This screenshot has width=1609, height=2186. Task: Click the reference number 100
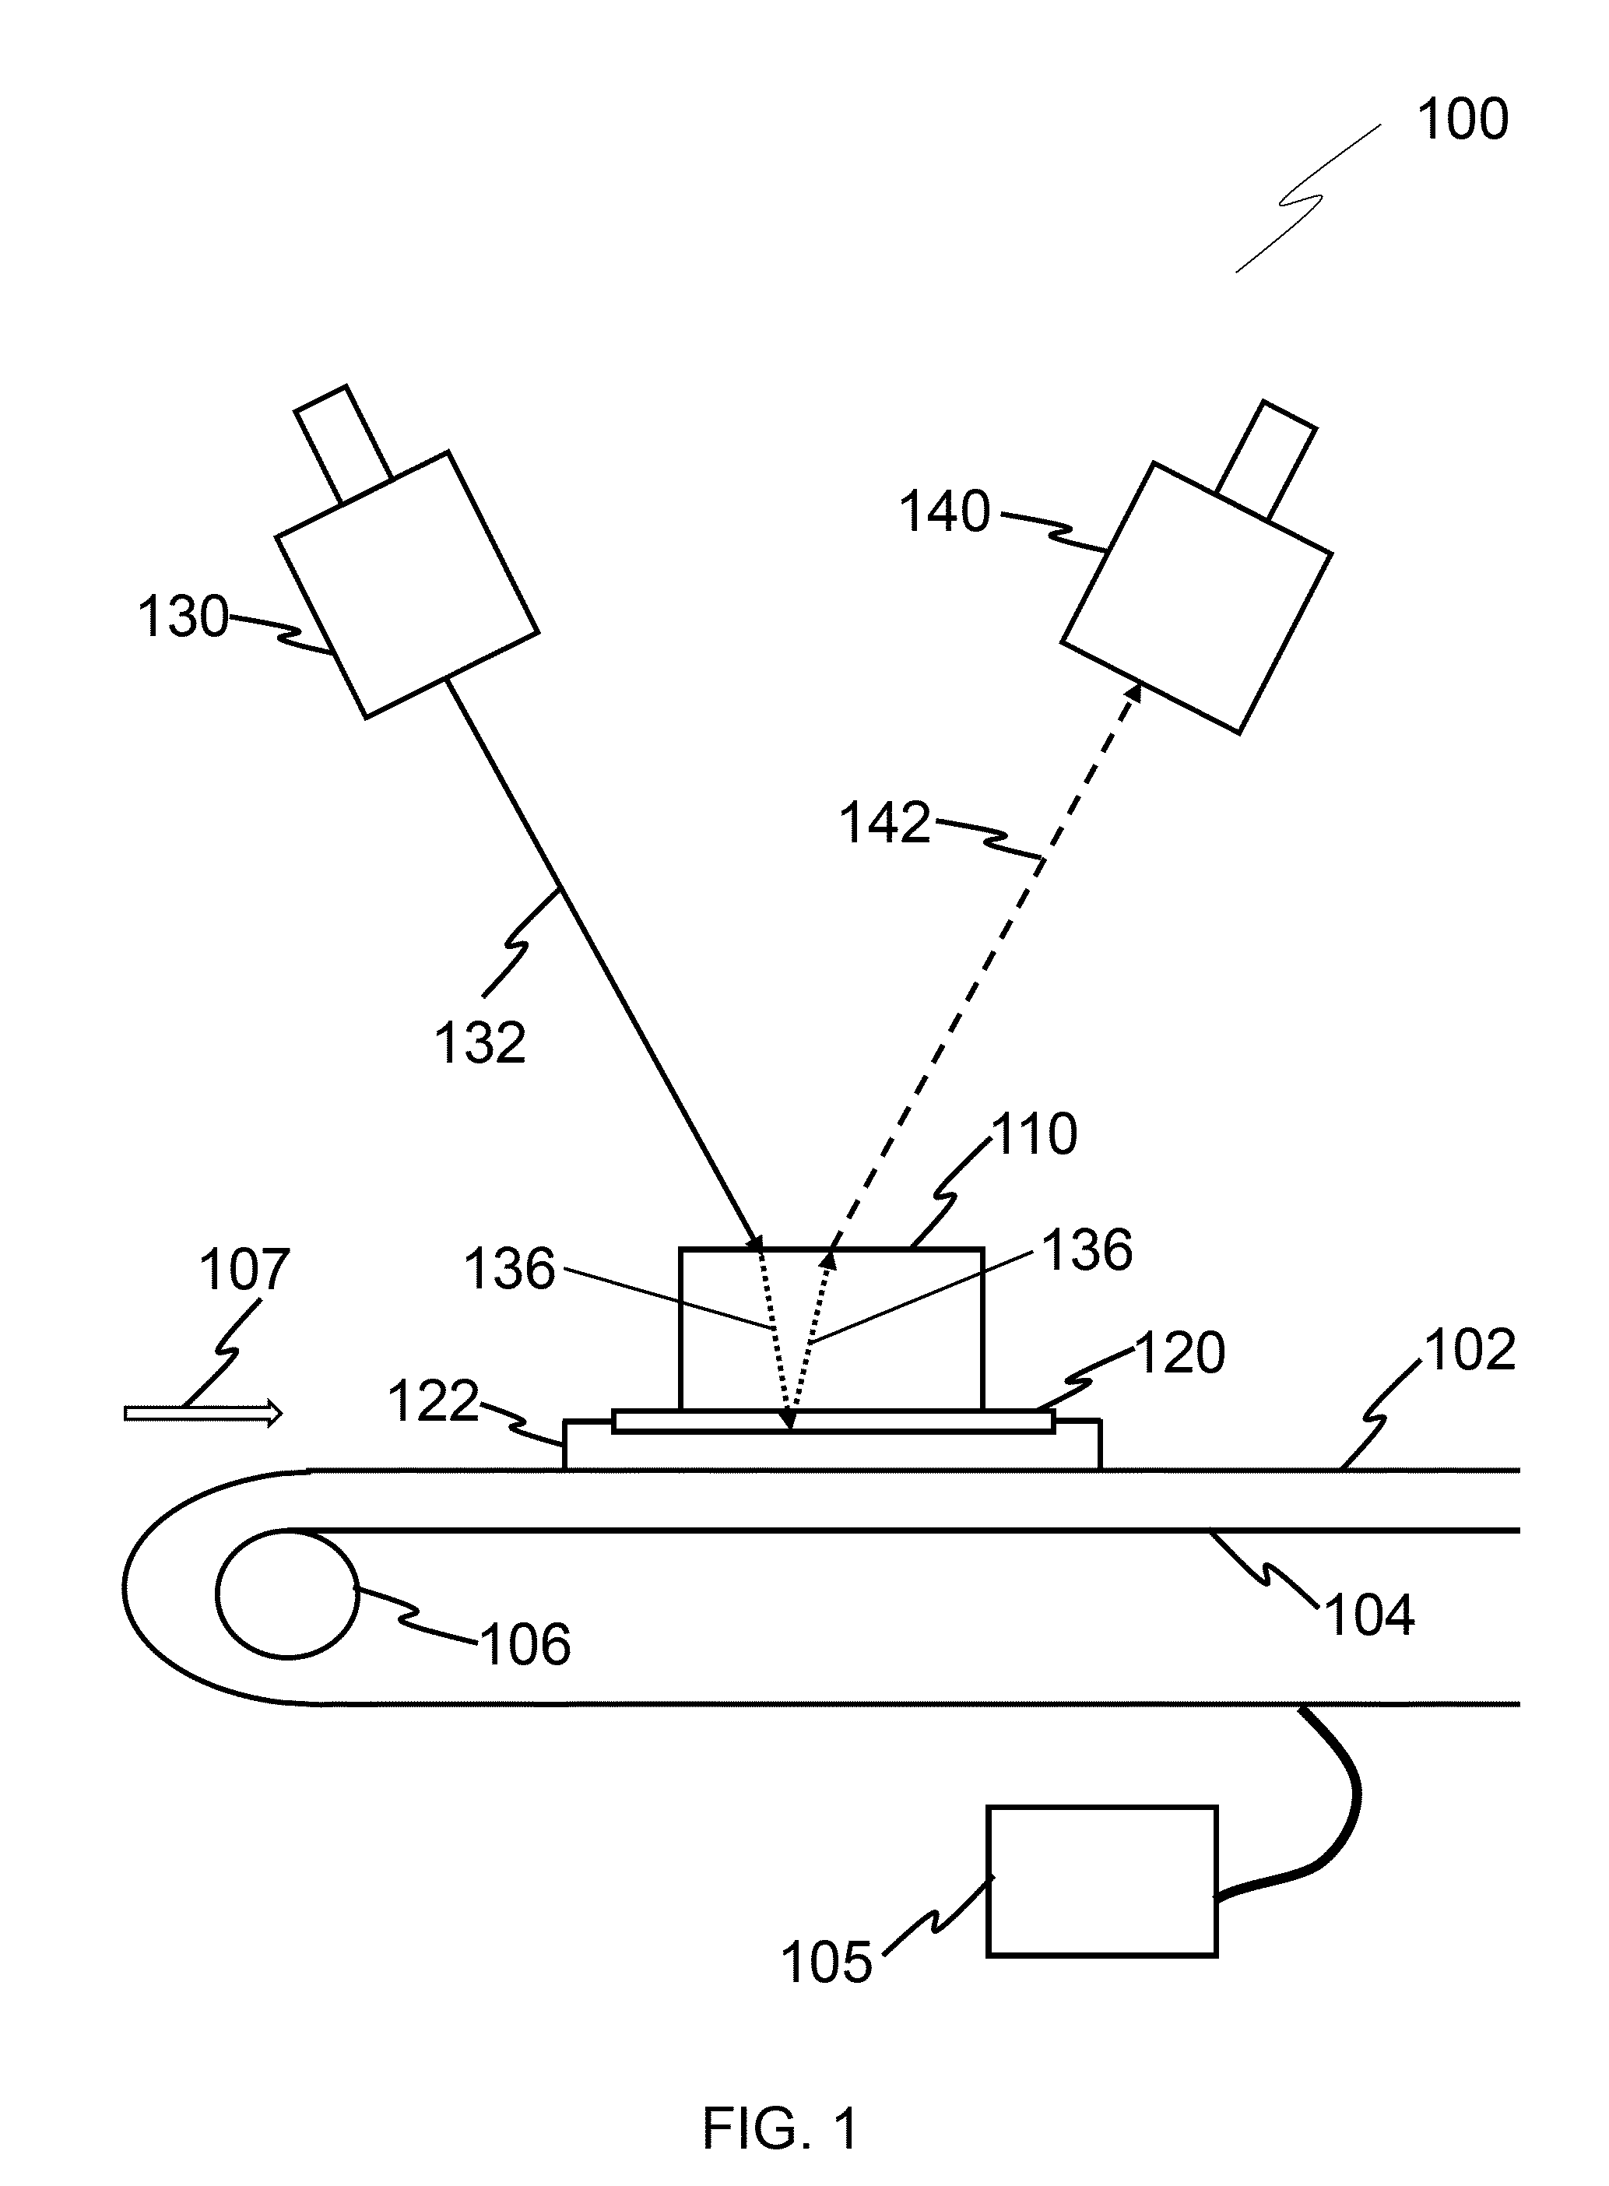pyautogui.click(x=1462, y=121)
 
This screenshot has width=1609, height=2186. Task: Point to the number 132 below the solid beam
pyautogui.click(x=480, y=1042)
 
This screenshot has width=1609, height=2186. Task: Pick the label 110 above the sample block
pyautogui.click(x=1035, y=1135)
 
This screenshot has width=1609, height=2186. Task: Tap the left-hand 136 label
pyautogui.click(x=509, y=1269)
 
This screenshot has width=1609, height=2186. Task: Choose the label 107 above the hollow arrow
pyautogui.click(x=244, y=1270)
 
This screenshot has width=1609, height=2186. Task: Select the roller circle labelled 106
pyautogui.click(x=287, y=1594)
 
